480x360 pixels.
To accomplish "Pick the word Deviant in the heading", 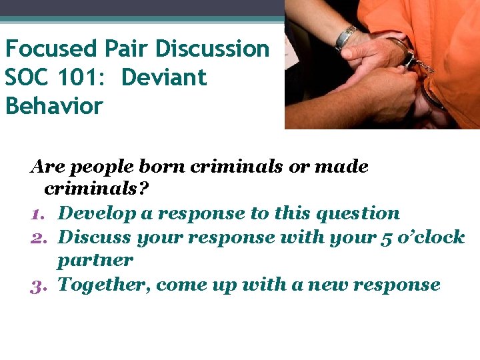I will (165, 77).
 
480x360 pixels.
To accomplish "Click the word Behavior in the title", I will (54, 106).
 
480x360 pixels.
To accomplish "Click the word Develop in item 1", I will (95, 214).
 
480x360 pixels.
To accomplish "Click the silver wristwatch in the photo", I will (347, 37).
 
